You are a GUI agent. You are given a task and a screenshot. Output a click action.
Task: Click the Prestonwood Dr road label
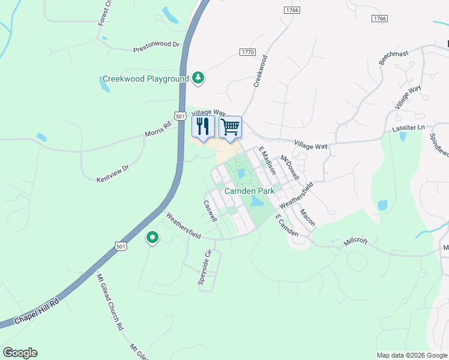point(156,46)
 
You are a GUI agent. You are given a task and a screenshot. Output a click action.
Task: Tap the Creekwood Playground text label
point(145,79)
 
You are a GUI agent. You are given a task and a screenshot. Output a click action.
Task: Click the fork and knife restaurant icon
point(202,126)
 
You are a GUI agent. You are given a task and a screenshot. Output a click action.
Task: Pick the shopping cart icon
point(230,127)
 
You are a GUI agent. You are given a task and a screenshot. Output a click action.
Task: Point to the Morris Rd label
point(158,129)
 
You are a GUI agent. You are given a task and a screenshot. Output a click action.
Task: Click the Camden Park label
point(249,191)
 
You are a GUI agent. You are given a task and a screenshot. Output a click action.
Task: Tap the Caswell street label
point(210,211)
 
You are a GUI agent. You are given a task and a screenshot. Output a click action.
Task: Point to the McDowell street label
point(290,167)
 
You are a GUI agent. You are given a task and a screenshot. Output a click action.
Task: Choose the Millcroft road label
point(355,242)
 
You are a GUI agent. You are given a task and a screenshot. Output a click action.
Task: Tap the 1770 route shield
point(247,52)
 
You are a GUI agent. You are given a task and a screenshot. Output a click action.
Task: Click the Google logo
point(20,353)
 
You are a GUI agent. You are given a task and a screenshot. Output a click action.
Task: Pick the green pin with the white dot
point(152,238)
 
